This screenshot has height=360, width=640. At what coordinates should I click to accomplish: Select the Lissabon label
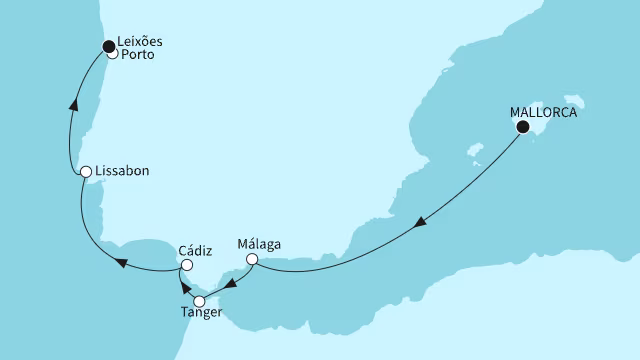pos(125,171)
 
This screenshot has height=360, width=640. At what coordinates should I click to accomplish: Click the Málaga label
pos(259,242)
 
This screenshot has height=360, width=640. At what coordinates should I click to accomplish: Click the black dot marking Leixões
pos(110,45)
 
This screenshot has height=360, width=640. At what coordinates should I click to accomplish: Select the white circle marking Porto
pos(113,55)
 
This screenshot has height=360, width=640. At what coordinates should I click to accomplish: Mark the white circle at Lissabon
pos(86,172)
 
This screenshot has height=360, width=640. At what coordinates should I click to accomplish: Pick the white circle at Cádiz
pos(186,265)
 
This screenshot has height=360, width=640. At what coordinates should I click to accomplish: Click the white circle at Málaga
pos(252,260)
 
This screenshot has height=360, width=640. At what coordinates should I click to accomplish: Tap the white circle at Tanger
pos(199,300)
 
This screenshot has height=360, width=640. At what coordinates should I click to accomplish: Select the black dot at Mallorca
pos(522,127)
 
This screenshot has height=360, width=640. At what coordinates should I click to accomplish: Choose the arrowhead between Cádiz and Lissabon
pos(122,263)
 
